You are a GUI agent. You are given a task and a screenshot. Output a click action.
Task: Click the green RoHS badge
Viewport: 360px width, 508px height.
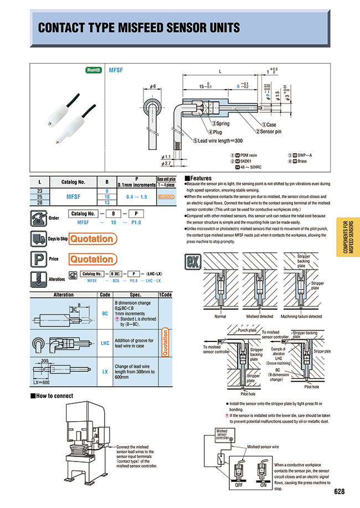click(93, 71)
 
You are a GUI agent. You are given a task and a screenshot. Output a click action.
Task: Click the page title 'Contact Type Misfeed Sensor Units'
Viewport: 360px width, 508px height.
click(138, 28)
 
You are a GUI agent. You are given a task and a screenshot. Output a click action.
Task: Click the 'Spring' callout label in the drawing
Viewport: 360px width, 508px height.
click(220, 124)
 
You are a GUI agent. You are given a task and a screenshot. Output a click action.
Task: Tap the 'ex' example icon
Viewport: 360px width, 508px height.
click(192, 259)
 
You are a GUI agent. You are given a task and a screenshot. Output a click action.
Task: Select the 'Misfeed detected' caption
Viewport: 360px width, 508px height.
click(259, 317)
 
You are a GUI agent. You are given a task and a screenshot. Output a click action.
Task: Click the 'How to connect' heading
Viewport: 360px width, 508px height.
click(53, 396)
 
